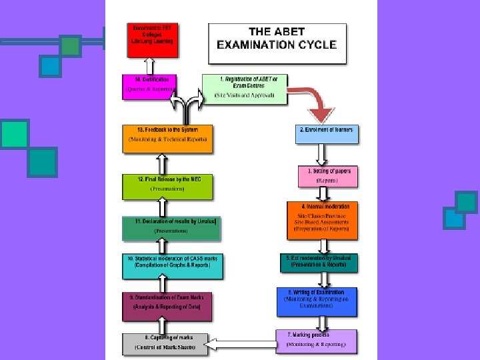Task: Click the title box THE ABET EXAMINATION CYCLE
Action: click(277, 44)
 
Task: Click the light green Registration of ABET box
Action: click(244, 89)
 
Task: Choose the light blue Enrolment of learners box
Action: click(327, 134)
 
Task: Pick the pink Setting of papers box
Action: click(327, 177)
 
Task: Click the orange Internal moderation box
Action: click(323, 220)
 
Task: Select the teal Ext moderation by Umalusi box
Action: click(319, 262)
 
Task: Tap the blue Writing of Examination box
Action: click(317, 302)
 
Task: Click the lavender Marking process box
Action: click(316, 341)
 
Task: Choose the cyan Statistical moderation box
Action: click(173, 265)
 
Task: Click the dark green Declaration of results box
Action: click(171, 227)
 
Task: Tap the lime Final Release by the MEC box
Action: click(167, 186)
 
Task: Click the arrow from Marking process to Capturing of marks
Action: click(241, 344)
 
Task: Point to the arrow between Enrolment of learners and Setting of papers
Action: click(322, 155)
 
